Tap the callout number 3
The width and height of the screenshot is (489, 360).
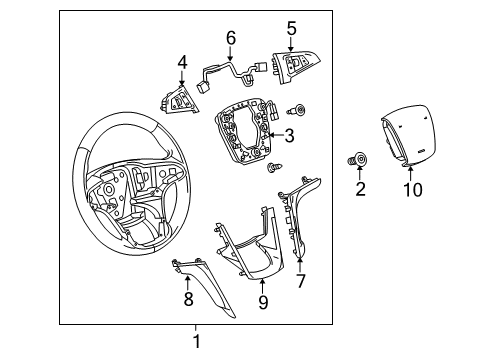pos(290,137)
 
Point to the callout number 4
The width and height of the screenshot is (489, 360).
pos(182,63)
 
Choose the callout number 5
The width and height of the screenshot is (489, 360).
pos(291,28)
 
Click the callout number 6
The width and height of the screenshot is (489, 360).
pos(230,38)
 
